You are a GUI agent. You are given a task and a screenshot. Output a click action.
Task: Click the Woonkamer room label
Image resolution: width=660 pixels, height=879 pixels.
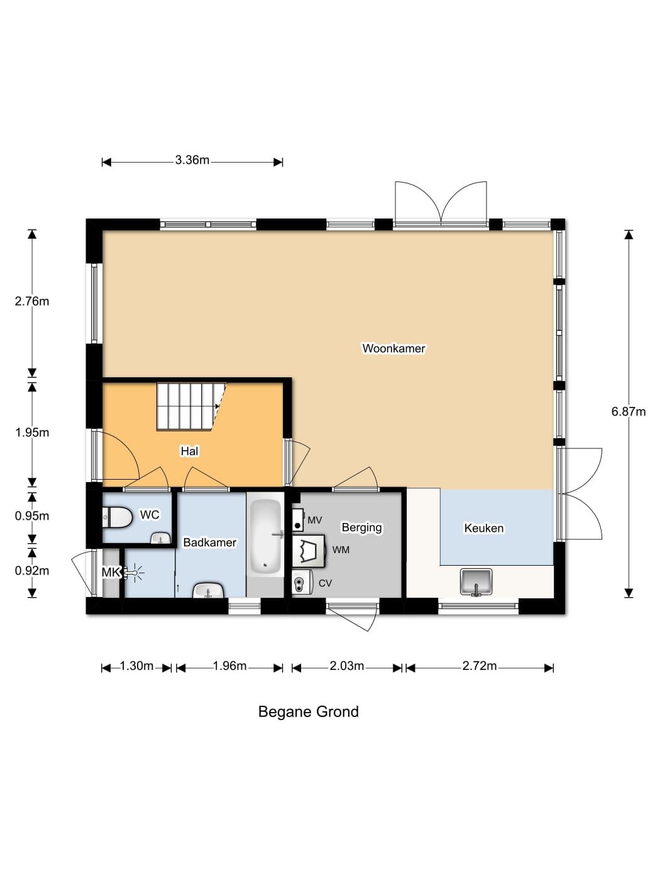(393, 348)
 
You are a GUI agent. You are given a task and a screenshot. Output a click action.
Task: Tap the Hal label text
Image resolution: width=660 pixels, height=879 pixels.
(190, 451)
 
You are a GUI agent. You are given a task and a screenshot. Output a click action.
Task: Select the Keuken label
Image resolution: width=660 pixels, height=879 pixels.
(483, 528)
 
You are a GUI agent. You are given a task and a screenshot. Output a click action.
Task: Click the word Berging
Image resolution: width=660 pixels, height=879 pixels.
(361, 528)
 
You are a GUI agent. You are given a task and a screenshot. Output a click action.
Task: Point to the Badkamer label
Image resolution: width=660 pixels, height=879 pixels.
(209, 542)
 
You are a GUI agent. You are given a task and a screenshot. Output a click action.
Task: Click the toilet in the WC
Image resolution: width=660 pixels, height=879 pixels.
(117, 517)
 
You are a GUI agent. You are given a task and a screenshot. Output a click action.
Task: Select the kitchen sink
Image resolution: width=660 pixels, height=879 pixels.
(476, 581)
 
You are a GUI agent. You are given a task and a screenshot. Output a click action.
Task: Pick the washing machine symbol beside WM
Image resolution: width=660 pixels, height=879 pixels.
(308, 551)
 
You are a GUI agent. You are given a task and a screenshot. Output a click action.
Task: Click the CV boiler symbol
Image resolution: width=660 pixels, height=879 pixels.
(301, 583)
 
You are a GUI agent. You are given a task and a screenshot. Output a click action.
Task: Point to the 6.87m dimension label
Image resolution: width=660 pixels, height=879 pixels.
(628, 412)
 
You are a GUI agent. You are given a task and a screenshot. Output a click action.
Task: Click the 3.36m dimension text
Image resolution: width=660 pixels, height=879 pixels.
(192, 160)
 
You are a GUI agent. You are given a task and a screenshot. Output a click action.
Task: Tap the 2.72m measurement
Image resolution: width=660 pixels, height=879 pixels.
(479, 666)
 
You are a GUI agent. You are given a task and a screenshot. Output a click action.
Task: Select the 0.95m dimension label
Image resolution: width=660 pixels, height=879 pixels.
(32, 516)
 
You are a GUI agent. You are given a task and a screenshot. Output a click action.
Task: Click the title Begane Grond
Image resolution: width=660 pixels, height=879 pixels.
(308, 711)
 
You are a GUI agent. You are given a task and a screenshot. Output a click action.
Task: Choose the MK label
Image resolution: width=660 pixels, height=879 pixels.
(111, 573)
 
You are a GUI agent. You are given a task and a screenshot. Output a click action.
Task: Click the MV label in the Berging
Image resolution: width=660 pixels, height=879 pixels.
(314, 520)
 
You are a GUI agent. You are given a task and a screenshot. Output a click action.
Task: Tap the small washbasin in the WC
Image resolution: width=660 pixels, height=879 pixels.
(161, 538)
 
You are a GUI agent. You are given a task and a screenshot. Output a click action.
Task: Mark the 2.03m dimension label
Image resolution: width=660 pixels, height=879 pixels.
(346, 666)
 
